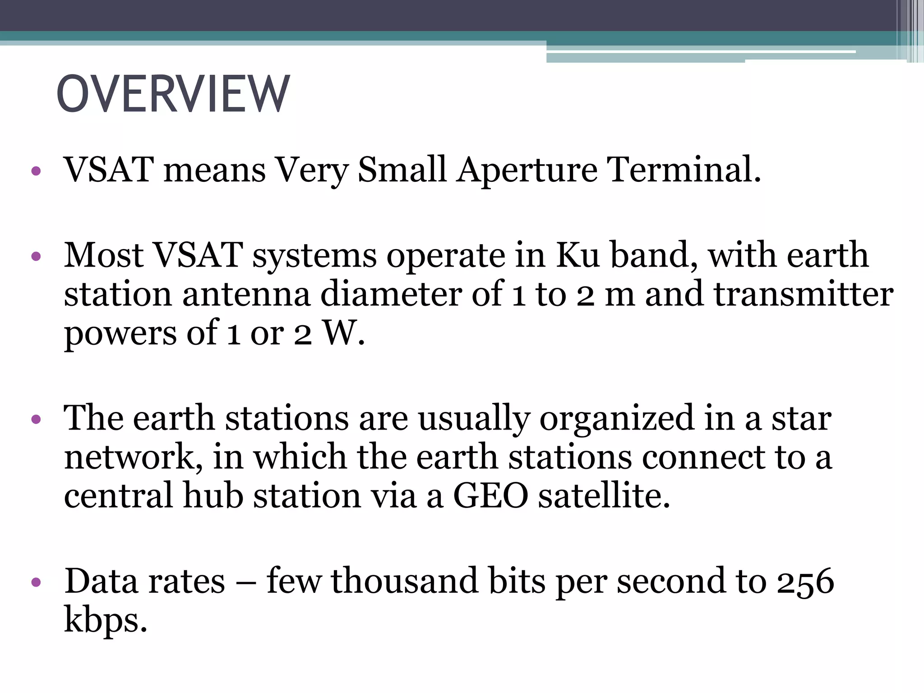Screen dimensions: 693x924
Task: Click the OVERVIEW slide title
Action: click(173, 94)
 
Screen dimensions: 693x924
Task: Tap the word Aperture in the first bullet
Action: click(527, 171)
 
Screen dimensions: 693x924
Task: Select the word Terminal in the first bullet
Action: click(684, 170)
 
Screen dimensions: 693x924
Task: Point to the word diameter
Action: click(391, 294)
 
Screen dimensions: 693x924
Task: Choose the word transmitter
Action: click(804, 294)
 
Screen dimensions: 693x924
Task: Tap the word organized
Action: click(616, 419)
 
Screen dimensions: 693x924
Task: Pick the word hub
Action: click(213, 495)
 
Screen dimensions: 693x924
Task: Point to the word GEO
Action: click(490, 495)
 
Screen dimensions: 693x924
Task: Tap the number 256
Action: click(805, 582)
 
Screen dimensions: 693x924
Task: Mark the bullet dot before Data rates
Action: click(37, 582)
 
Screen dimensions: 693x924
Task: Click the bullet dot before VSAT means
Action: click(37, 171)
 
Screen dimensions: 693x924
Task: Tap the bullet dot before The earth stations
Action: click(37, 420)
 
